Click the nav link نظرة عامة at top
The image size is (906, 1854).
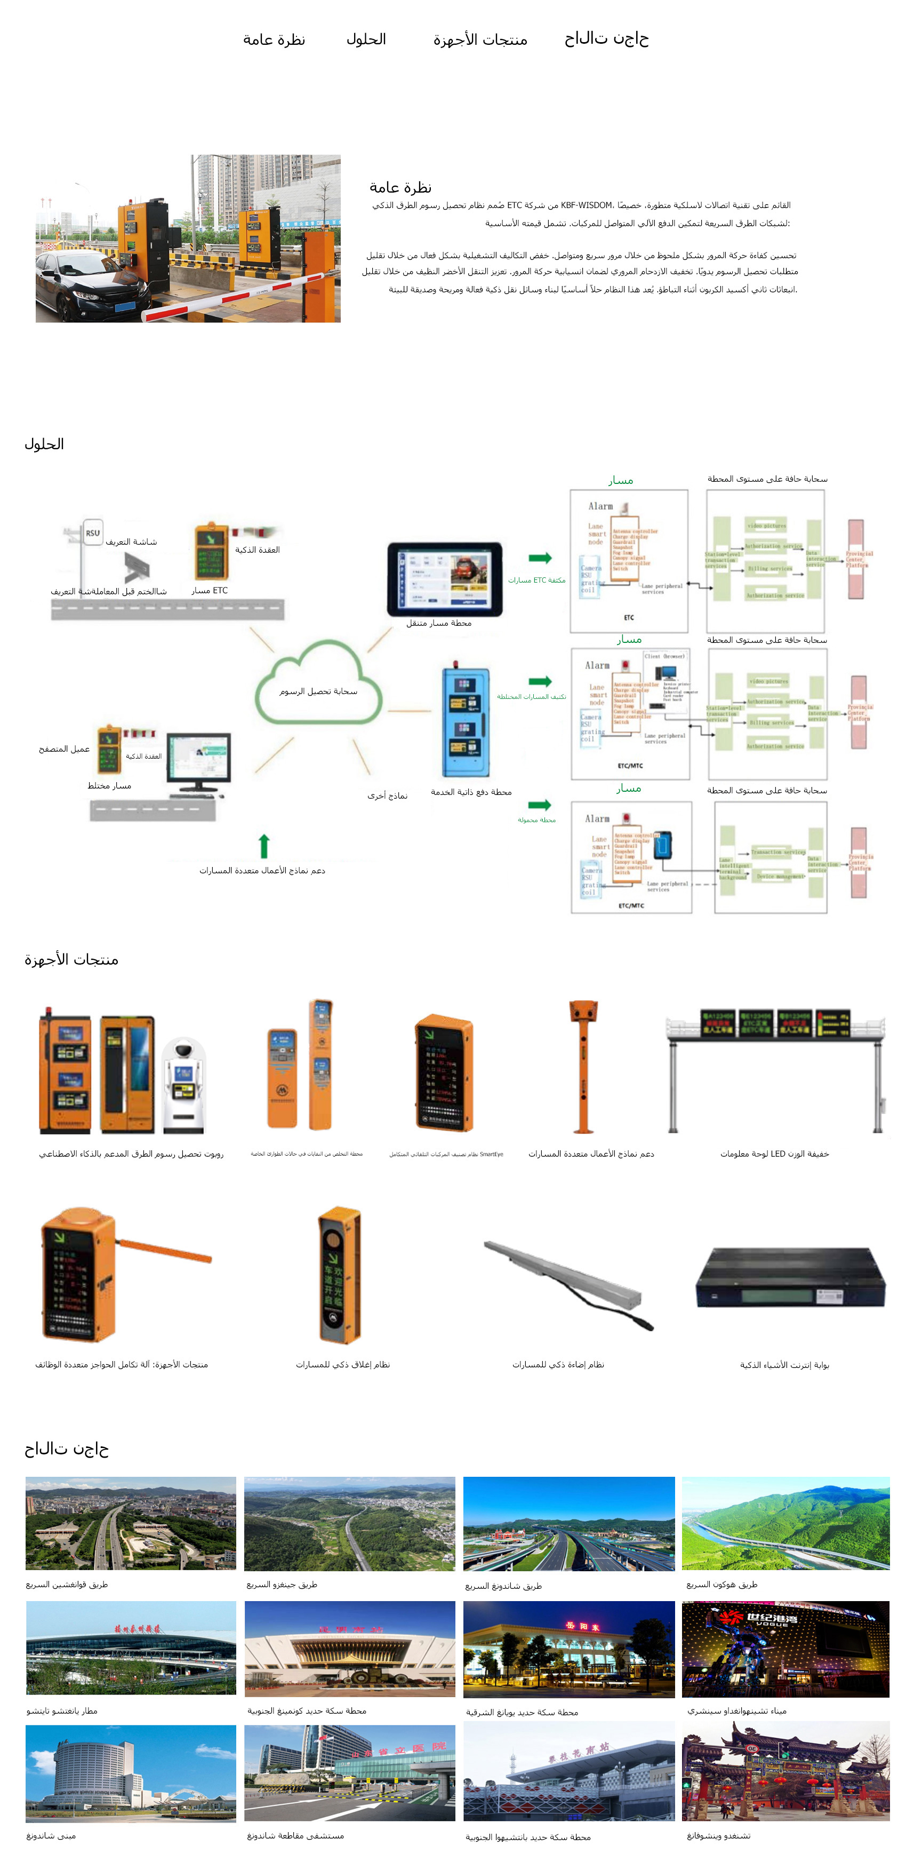(x=274, y=39)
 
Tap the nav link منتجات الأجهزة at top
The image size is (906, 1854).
(x=480, y=39)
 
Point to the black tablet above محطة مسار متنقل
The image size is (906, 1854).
(x=444, y=579)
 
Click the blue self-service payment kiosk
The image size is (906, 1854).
(x=466, y=721)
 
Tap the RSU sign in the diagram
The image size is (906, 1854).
(x=92, y=532)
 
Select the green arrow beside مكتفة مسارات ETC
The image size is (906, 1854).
(x=540, y=558)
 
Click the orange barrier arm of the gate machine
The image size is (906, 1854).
(x=165, y=1248)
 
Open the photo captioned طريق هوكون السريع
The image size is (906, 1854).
(x=785, y=1522)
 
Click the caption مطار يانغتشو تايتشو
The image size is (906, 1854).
(x=62, y=1710)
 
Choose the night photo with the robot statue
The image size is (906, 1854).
(x=785, y=1648)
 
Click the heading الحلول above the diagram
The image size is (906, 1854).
(x=45, y=444)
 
